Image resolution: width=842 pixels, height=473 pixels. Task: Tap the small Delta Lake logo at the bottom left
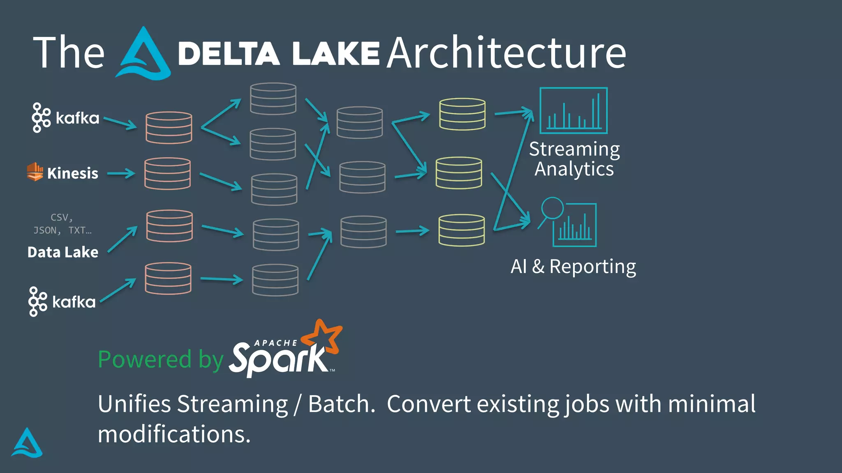click(27, 443)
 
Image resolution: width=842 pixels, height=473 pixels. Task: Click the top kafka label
click(77, 118)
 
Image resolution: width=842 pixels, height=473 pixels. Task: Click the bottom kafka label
click(74, 302)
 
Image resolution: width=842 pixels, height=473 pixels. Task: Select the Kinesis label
click(72, 173)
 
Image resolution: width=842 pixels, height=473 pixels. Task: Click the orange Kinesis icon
click(35, 172)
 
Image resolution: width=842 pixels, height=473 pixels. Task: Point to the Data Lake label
click(63, 252)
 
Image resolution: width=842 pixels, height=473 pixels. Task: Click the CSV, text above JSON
click(62, 217)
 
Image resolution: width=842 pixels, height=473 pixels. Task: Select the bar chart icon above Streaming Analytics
click(573, 110)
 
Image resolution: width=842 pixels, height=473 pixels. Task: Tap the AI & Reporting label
click(573, 266)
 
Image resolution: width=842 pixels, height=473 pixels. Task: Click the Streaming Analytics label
click(574, 159)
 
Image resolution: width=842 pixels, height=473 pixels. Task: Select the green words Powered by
click(160, 359)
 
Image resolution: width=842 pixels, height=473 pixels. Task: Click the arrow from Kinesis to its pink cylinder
click(121, 174)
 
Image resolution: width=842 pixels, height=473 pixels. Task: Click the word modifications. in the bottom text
click(174, 434)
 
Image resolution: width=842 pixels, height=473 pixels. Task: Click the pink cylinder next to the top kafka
click(169, 127)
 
